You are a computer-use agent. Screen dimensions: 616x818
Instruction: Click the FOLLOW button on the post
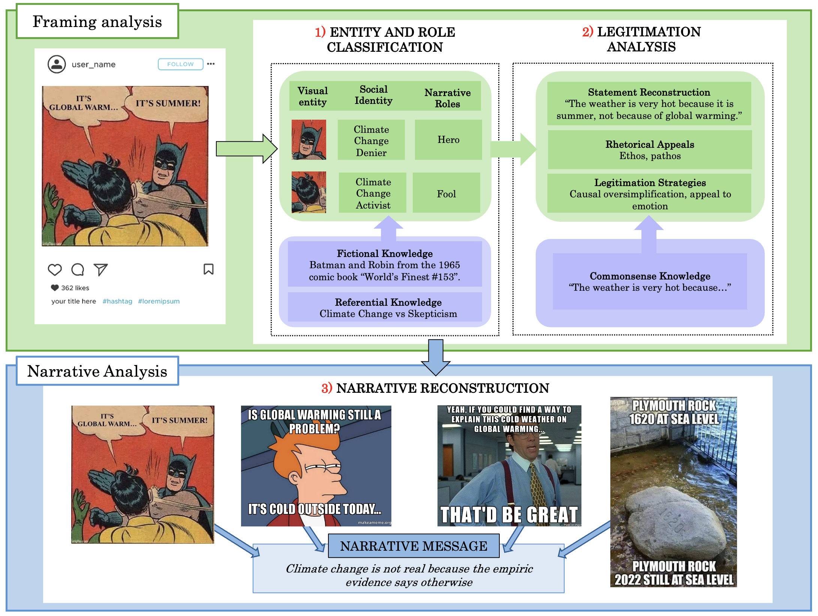pos(180,64)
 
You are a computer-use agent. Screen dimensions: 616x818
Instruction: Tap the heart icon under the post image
pos(55,269)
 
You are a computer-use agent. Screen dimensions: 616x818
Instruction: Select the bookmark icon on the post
pos(208,269)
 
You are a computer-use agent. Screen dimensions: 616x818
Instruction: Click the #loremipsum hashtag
pos(159,301)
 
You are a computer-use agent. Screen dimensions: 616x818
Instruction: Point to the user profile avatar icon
pos(57,64)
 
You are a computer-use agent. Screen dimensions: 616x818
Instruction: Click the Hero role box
pos(448,140)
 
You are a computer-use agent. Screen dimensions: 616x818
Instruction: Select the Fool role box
pos(446,194)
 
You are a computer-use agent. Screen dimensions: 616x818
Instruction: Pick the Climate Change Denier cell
pos(371,141)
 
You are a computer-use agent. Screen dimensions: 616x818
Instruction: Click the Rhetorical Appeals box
pos(650,150)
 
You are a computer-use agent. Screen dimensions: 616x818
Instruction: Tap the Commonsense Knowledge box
pos(650,281)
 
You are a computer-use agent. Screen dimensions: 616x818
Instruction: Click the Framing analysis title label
pos(97,22)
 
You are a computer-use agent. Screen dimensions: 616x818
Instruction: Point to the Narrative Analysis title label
pos(97,371)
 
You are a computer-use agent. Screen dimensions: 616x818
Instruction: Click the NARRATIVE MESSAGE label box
pos(413,546)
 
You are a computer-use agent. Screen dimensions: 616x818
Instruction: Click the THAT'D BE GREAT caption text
pos(509,514)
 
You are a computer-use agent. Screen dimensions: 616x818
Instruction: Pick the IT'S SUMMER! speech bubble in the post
pos(168,103)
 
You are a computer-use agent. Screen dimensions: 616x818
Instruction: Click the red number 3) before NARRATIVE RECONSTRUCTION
pos(327,388)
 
